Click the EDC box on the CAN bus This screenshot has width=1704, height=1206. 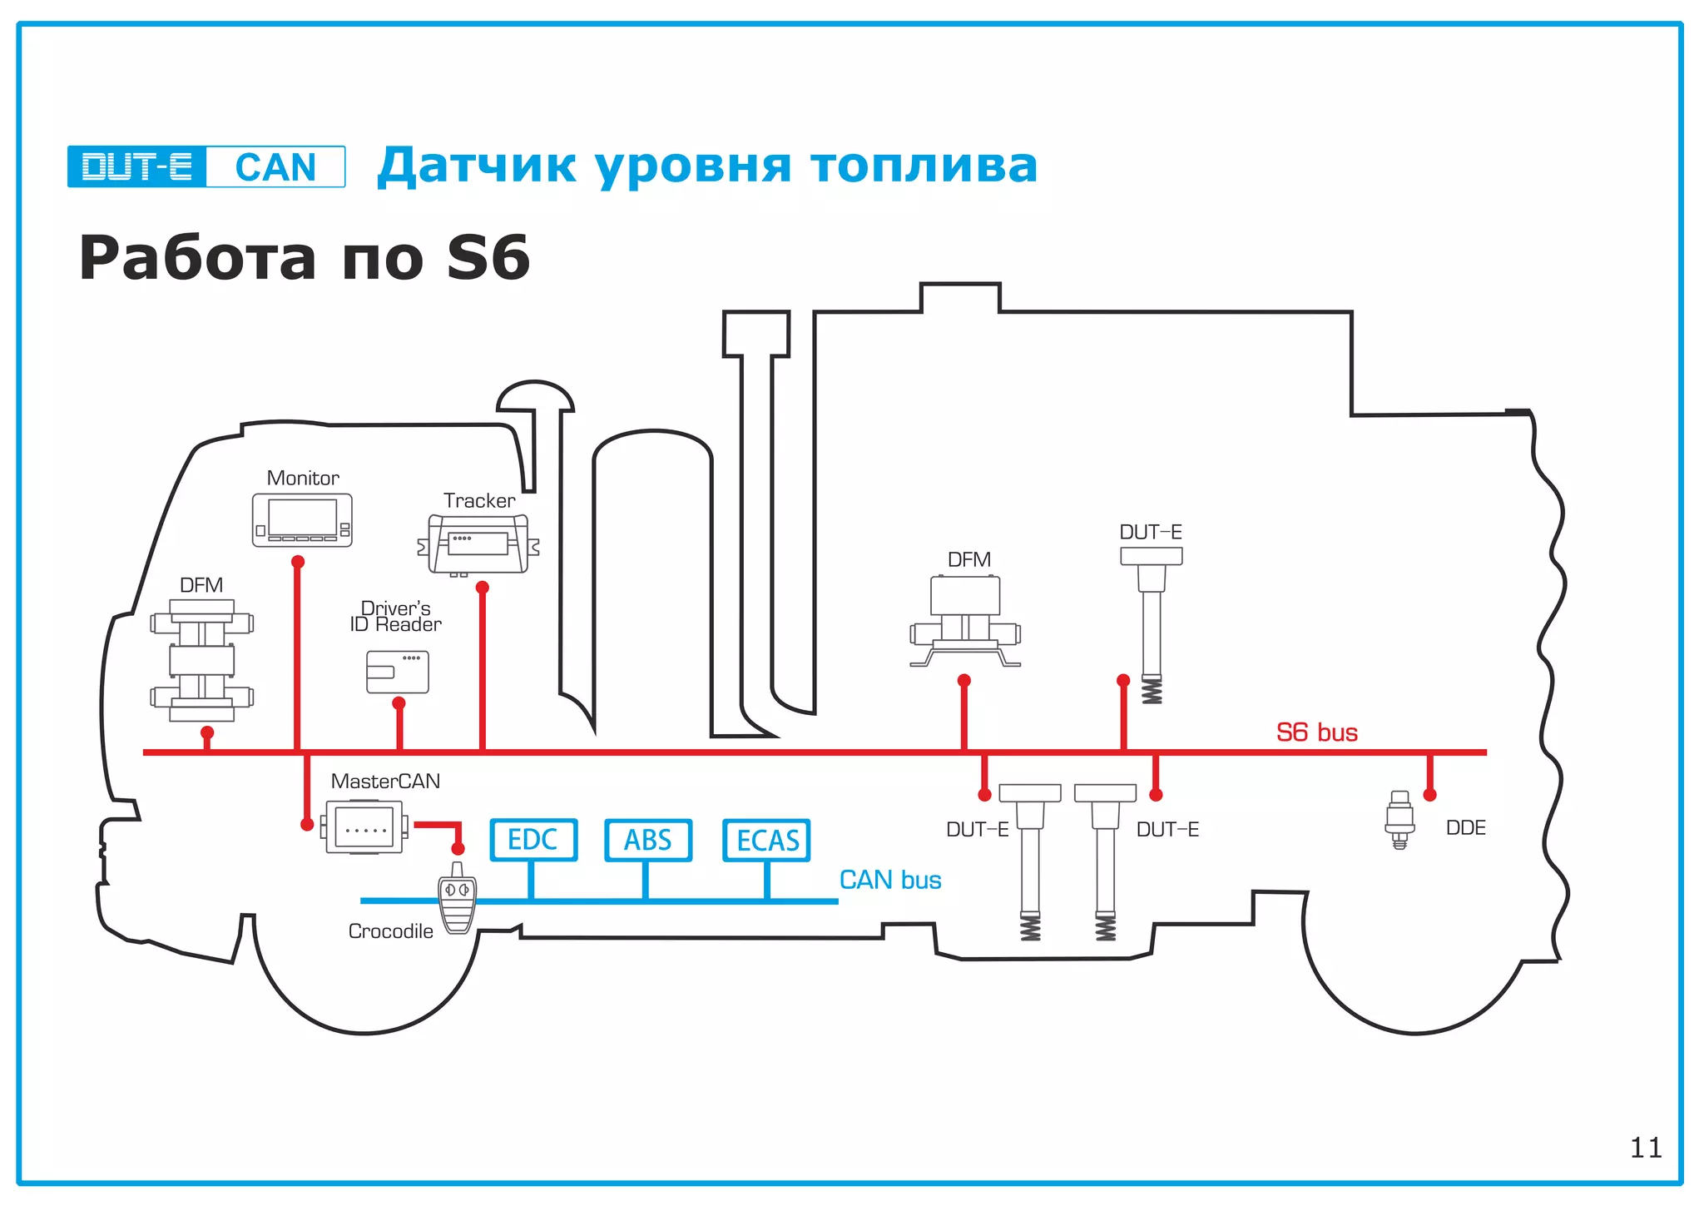[532, 840]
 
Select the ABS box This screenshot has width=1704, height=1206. [647, 840]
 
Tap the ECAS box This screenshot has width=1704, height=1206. [766, 840]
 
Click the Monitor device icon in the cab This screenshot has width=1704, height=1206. [302, 520]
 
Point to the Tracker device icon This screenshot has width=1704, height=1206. [478, 544]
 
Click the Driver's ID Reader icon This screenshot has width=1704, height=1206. [398, 672]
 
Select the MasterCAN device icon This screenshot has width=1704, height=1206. [364, 827]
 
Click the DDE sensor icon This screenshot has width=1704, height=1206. [1399, 820]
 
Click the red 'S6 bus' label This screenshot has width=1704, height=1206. [1316, 732]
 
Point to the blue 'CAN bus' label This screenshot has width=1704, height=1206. [889, 880]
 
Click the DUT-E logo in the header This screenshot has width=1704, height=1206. [137, 166]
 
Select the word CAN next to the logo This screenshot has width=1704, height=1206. [275, 167]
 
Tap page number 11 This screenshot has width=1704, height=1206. [1645, 1148]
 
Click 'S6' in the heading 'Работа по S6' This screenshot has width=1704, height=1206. [488, 258]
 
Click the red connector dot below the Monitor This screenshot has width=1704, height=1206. [298, 562]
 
